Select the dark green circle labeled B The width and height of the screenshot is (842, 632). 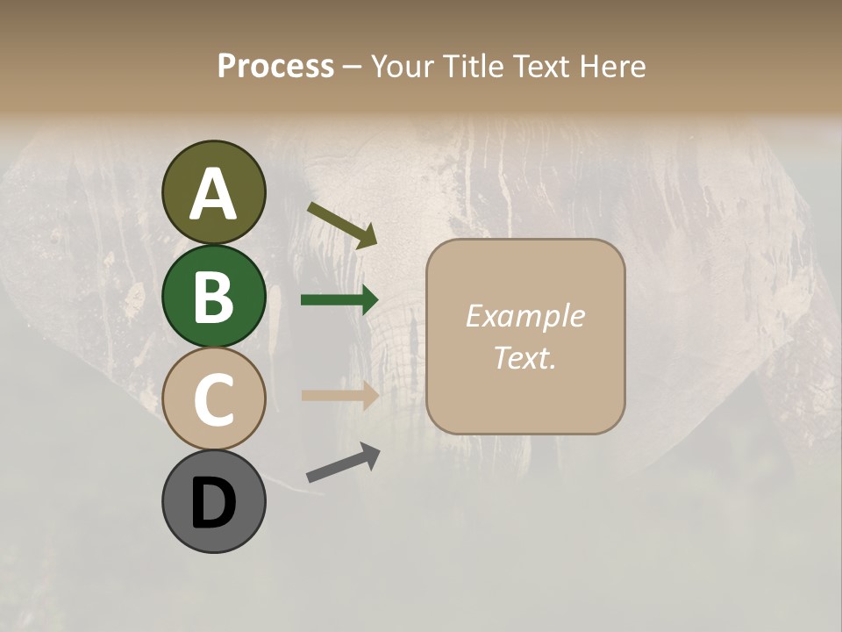pos(213,296)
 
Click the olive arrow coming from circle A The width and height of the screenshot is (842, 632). pos(342,224)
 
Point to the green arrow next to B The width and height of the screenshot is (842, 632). pos(339,300)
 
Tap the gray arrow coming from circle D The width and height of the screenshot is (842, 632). pos(343,463)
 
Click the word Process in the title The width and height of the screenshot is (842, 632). pos(275,66)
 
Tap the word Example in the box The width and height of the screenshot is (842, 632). pos(524,316)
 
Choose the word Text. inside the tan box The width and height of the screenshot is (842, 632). pos(524,357)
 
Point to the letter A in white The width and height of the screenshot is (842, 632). pos(213,194)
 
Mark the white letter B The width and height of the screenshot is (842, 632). pos(213,296)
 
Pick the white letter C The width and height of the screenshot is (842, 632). pos(213,399)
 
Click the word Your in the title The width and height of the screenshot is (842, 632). pos(401,66)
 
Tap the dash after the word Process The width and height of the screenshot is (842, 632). pos(353,67)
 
